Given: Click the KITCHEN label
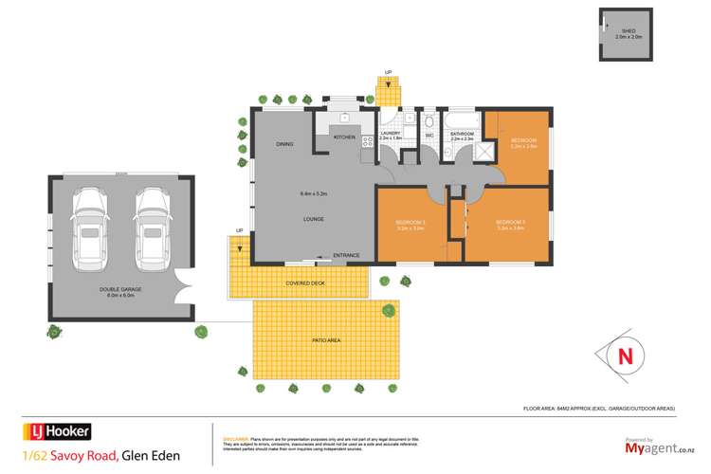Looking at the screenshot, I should pyautogui.click(x=344, y=138).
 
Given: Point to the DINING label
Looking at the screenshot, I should pyautogui.click(x=284, y=144).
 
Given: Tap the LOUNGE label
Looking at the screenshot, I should pyautogui.click(x=314, y=220).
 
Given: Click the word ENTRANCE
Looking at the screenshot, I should pyautogui.click(x=347, y=255).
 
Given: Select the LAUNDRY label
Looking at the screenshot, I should pyautogui.click(x=391, y=134).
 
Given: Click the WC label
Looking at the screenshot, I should pyautogui.click(x=428, y=136).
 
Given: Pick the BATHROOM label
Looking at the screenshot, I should pyautogui.click(x=463, y=135).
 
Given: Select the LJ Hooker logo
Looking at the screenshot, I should pyautogui.click(x=58, y=431).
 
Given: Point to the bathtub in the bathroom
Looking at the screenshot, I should pyautogui.click(x=463, y=120).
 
